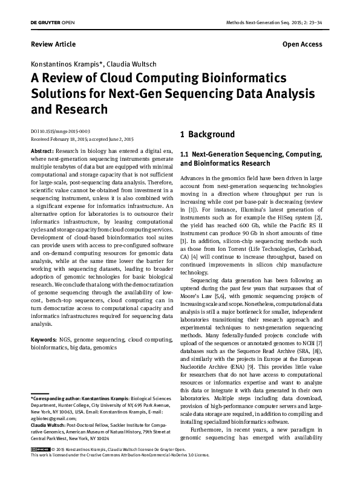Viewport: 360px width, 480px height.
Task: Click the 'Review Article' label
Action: [x=53, y=44]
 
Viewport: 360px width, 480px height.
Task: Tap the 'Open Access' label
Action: [x=302, y=44]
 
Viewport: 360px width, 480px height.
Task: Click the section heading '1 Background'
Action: [x=207, y=134]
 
